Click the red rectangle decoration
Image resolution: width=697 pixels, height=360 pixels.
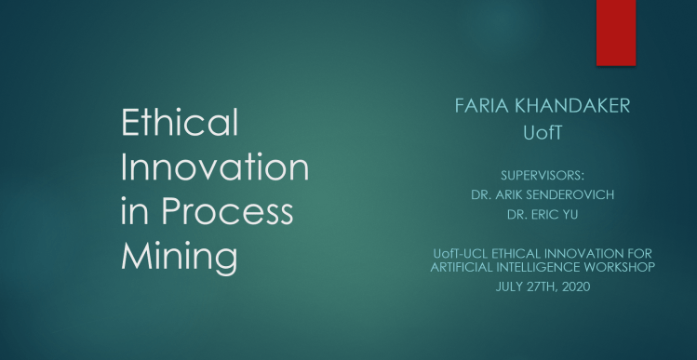tap(616, 33)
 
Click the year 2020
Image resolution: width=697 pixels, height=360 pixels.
tap(570, 284)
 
